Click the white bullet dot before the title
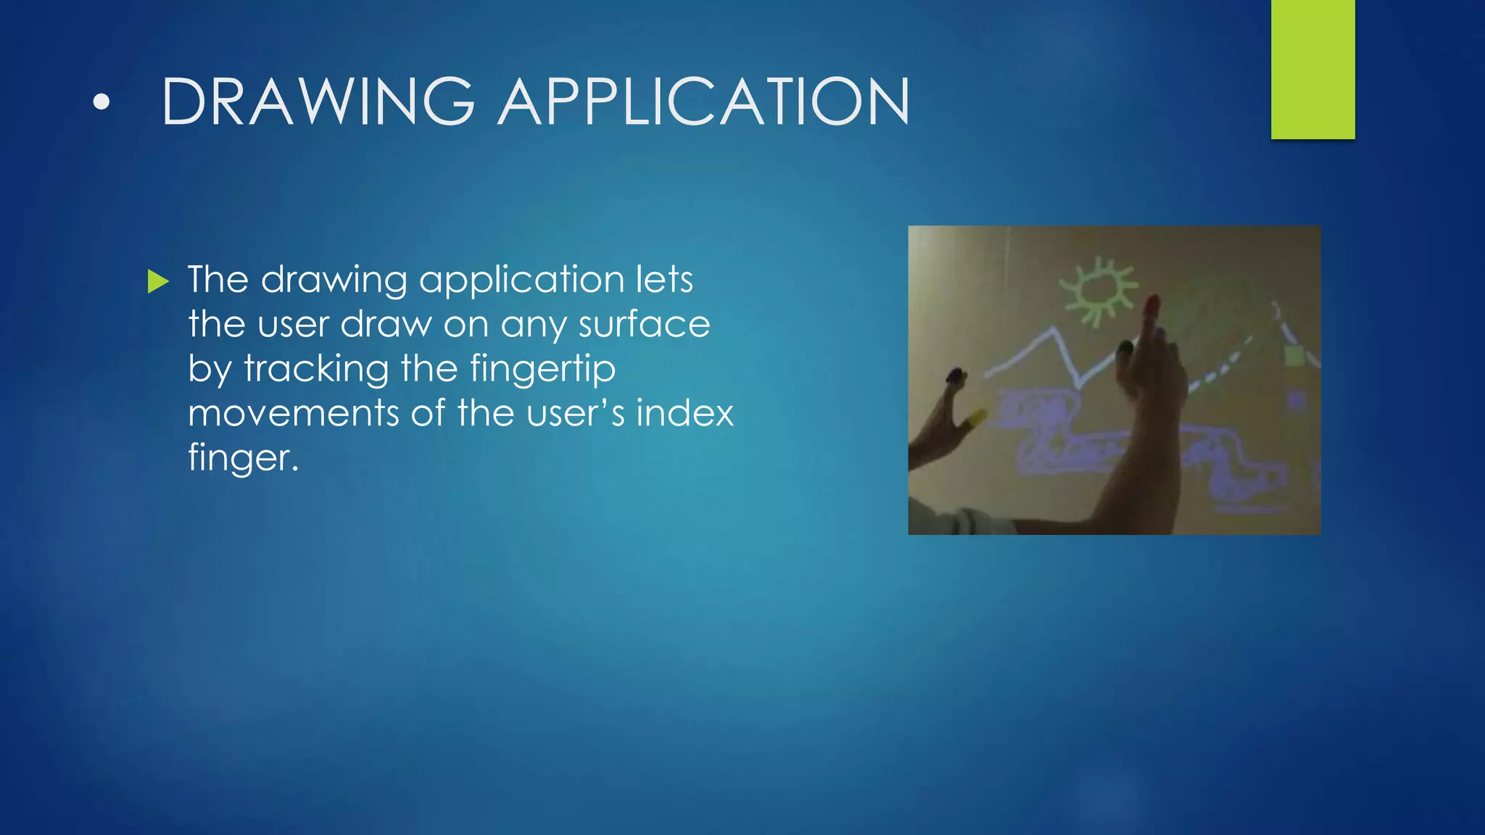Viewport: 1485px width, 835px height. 102,102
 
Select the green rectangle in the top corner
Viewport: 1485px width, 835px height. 1312,69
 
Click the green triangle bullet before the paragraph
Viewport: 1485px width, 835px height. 157,281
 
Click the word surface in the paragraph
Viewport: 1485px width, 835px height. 644,325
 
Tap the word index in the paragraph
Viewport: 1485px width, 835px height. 684,413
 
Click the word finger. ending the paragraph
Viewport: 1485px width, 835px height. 243,458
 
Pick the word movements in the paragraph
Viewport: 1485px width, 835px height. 293,413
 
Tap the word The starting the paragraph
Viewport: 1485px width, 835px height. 218,280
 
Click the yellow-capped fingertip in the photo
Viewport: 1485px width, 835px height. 977,417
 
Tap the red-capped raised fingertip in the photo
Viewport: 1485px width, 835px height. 1151,304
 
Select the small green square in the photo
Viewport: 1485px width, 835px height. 1293,356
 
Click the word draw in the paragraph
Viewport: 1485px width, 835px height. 386,325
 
